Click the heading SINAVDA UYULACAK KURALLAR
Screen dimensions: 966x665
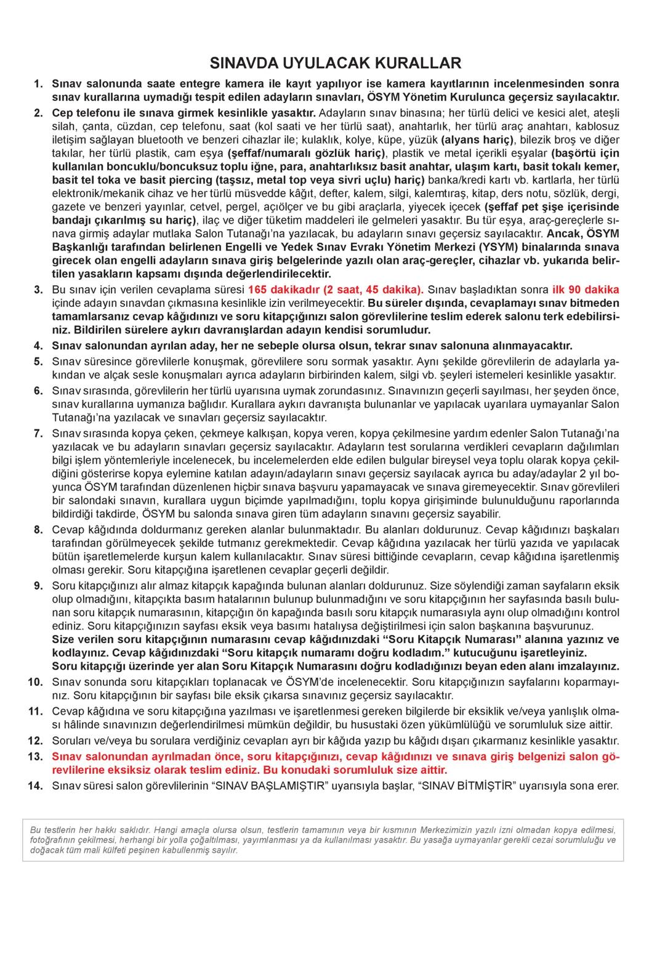335,63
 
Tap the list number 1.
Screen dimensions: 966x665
38,84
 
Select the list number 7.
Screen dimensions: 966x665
38,433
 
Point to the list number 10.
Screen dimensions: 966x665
35,681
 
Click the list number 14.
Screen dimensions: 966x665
35,785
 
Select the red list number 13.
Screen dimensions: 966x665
35,757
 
